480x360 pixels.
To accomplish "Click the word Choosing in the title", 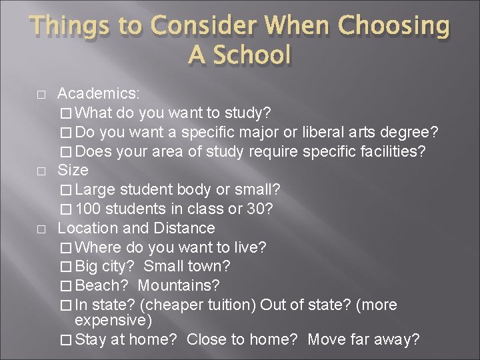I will [x=393, y=26].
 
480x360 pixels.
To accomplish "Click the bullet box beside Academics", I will [x=41, y=95].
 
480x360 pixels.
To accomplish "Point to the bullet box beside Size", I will [x=41, y=171].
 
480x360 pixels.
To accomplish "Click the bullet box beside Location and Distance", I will [x=41, y=229].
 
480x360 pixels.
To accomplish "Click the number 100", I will [x=89, y=209].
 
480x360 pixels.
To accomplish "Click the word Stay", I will [x=91, y=340].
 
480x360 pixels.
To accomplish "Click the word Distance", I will [x=184, y=228].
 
